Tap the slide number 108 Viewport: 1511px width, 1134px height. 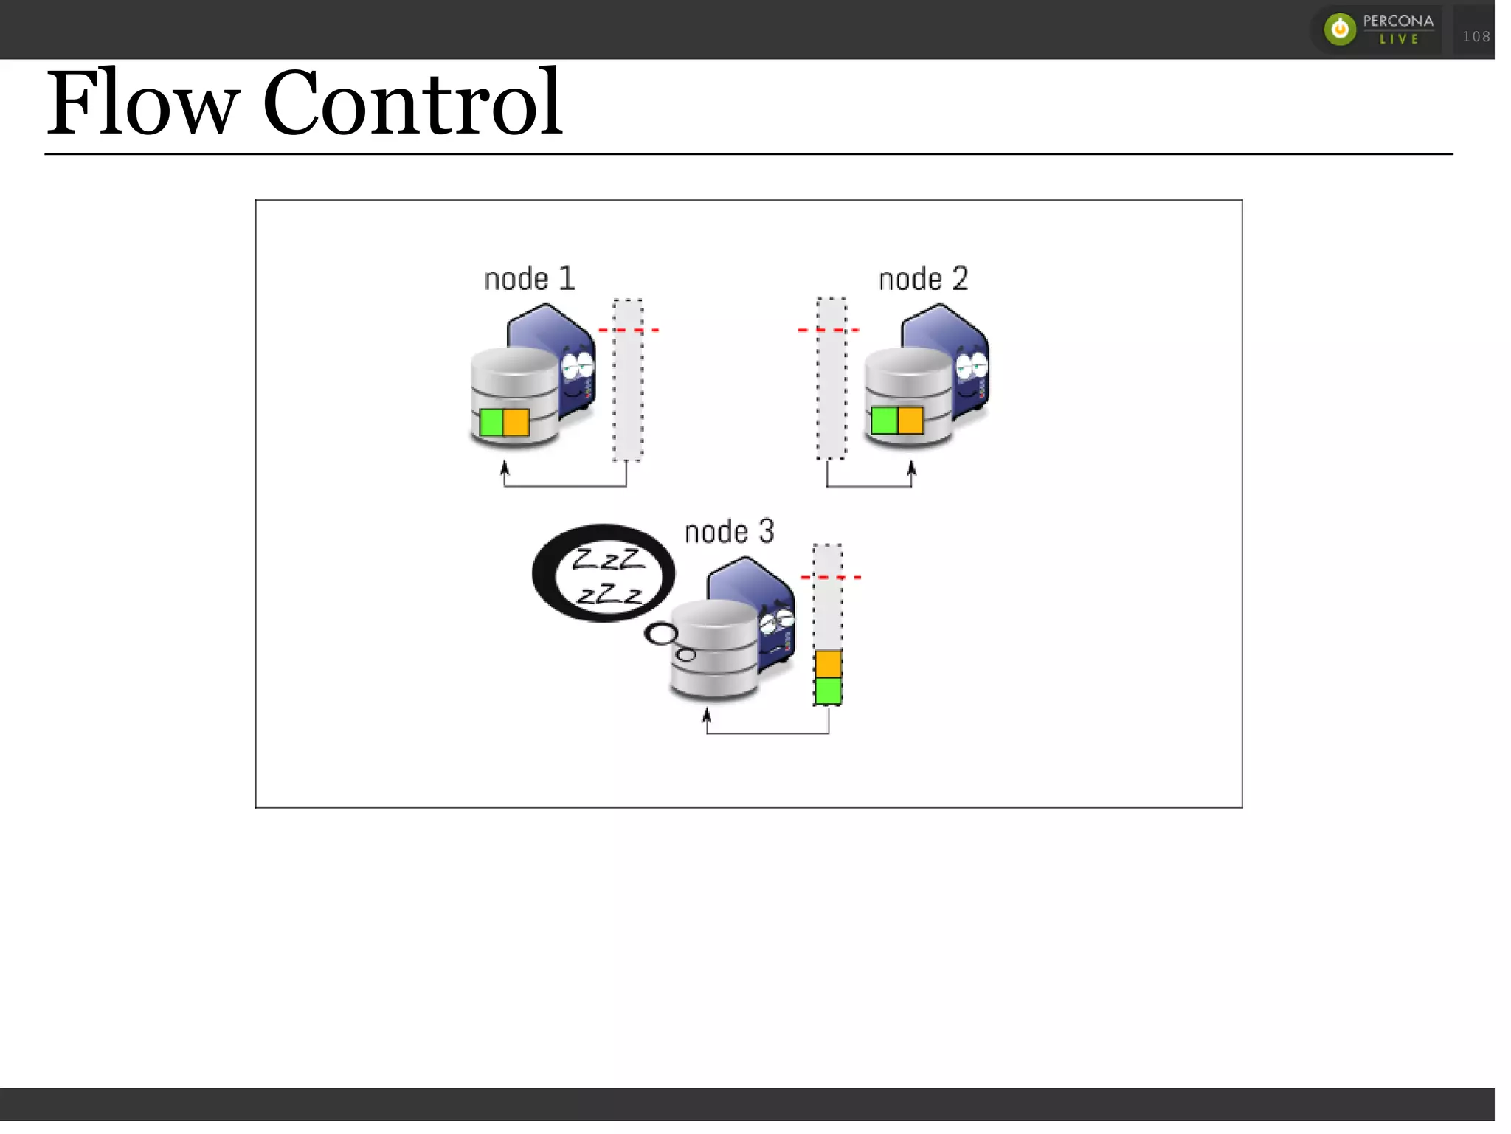[x=1476, y=36]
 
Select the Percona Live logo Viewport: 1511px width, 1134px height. [x=1378, y=30]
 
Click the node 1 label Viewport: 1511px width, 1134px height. [x=529, y=280]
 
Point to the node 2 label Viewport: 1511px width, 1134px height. [x=922, y=280]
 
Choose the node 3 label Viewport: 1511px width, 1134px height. [x=729, y=532]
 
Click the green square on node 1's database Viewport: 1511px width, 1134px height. [x=491, y=423]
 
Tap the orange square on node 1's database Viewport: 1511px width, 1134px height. [x=516, y=423]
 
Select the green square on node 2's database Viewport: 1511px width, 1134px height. [x=884, y=421]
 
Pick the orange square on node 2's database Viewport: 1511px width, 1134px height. [x=910, y=421]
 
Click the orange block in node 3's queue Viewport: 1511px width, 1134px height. [x=828, y=664]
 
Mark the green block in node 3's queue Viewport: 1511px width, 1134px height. [x=828, y=691]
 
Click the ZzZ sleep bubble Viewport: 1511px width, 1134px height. [x=604, y=573]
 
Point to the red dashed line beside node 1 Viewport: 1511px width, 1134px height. [x=628, y=330]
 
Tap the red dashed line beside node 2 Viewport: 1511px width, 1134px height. [x=829, y=330]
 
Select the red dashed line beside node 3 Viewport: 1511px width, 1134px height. [x=831, y=577]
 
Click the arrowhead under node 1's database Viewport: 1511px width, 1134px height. [x=505, y=468]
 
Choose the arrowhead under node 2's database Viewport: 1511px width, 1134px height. [x=911, y=469]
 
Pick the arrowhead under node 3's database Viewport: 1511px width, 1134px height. [x=707, y=715]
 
